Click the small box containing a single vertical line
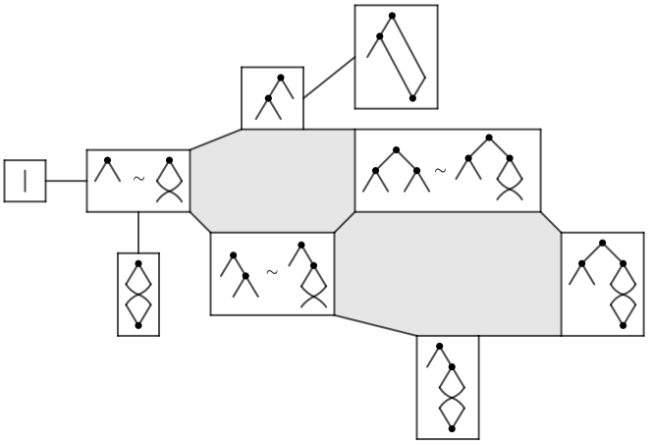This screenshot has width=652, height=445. pyautogui.click(x=25, y=181)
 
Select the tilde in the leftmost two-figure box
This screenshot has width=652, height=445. pyautogui.click(x=138, y=179)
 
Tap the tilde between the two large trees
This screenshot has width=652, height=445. pyautogui.click(x=440, y=170)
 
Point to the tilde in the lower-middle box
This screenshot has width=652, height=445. pyautogui.click(x=272, y=272)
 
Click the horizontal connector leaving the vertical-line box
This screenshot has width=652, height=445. pyautogui.click(x=66, y=181)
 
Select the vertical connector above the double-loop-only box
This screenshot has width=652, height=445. pyautogui.click(x=138, y=232)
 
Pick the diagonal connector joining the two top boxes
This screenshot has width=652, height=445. pyautogui.click(x=329, y=78)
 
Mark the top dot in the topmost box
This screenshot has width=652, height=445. pyautogui.click(x=392, y=16)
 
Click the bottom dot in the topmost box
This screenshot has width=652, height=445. pyautogui.click(x=412, y=98)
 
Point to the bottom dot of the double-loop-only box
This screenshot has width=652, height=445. pyautogui.click(x=138, y=325)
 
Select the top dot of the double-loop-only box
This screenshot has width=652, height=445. pyautogui.click(x=138, y=263)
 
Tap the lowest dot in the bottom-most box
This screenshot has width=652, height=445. pyautogui.click(x=452, y=428)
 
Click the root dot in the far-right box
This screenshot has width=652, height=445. pyautogui.click(x=602, y=243)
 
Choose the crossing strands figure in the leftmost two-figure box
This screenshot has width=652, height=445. pyautogui.click(x=170, y=180)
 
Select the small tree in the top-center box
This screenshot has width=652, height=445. pyautogui.click(x=271, y=97)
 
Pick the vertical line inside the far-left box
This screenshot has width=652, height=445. pyautogui.click(x=25, y=181)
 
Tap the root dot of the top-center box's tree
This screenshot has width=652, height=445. pyautogui.click(x=280, y=78)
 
